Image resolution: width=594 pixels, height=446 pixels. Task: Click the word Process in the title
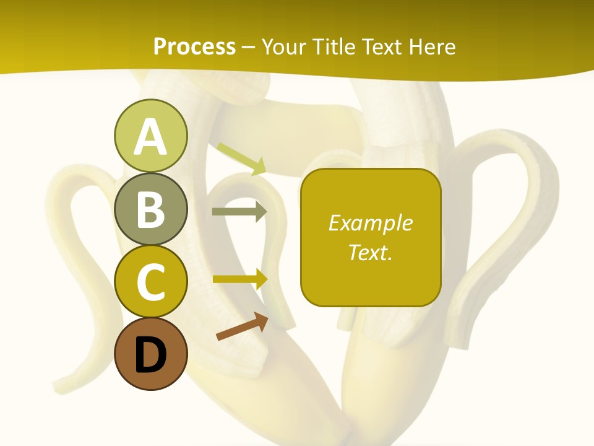pyautogui.click(x=194, y=47)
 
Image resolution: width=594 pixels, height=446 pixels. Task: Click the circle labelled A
pyautogui.click(x=150, y=136)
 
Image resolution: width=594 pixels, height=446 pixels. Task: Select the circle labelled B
pyautogui.click(x=150, y=209)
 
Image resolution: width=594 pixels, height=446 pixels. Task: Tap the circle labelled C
pyautogui.click(x=150, y=282)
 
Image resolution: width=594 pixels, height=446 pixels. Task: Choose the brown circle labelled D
pyautogui.click(x=150, y=354)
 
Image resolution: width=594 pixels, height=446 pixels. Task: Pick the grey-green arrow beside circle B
pyautogui.click(x=239, y=212)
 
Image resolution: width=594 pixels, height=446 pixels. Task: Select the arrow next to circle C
pyautogui.click(x=239, y=279)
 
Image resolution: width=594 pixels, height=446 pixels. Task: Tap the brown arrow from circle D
pyautogui.click(x=242, y=326)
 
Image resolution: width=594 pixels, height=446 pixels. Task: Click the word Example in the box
pyautogui.click(x=370, y=223)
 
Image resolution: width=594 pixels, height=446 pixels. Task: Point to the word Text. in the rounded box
pyautogui.click(x=370, y=252)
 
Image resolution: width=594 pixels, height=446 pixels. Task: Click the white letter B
pyautogui.click(x=150, y=209)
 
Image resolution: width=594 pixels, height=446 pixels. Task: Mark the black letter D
pyautogui.click(x=150, y=355)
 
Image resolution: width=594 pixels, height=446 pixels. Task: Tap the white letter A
pyautogui.click(x=150, y=136)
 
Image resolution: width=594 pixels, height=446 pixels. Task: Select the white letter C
pyautogui.click(x=150, y=282)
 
